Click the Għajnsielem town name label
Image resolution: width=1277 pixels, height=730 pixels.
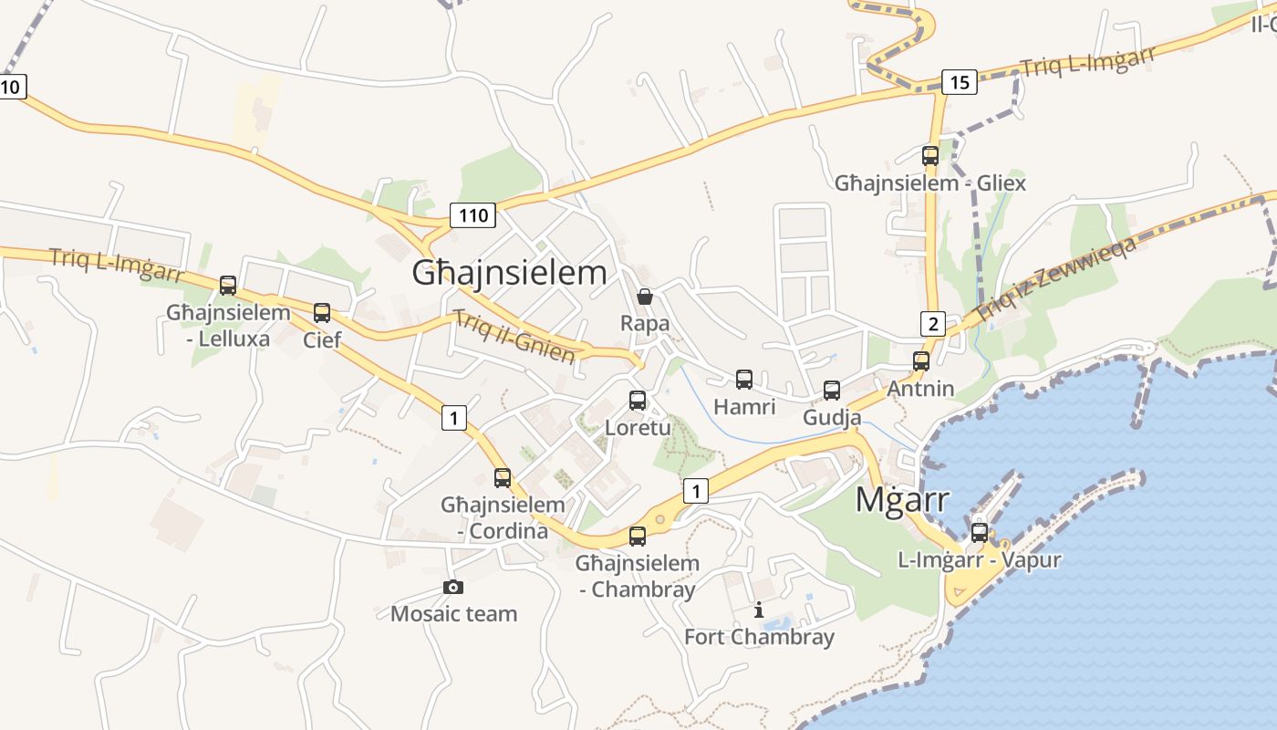509,272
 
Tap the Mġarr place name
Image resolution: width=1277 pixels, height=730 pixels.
902,500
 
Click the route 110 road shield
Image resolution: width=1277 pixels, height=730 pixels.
472,215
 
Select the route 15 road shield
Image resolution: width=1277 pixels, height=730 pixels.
959,82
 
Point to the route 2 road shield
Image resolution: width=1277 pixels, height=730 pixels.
931,323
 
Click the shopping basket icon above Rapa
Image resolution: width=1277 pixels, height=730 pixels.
645,296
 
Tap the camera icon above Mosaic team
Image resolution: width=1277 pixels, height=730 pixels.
452,587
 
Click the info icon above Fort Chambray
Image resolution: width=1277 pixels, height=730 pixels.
758,610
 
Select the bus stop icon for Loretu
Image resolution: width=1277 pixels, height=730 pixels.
638,400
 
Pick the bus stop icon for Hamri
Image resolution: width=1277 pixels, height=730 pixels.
744,379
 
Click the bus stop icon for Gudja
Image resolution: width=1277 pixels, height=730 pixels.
832,390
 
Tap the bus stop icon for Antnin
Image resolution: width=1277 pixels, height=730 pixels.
920,360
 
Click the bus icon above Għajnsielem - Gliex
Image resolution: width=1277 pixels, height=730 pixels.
929,155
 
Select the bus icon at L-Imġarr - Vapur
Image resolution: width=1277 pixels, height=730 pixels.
979,532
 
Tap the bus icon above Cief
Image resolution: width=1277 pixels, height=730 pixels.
321,312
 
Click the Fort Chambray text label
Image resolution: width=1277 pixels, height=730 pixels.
759,636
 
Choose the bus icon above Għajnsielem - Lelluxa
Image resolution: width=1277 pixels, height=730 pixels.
228,285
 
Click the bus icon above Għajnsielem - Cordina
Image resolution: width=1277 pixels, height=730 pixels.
503,477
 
